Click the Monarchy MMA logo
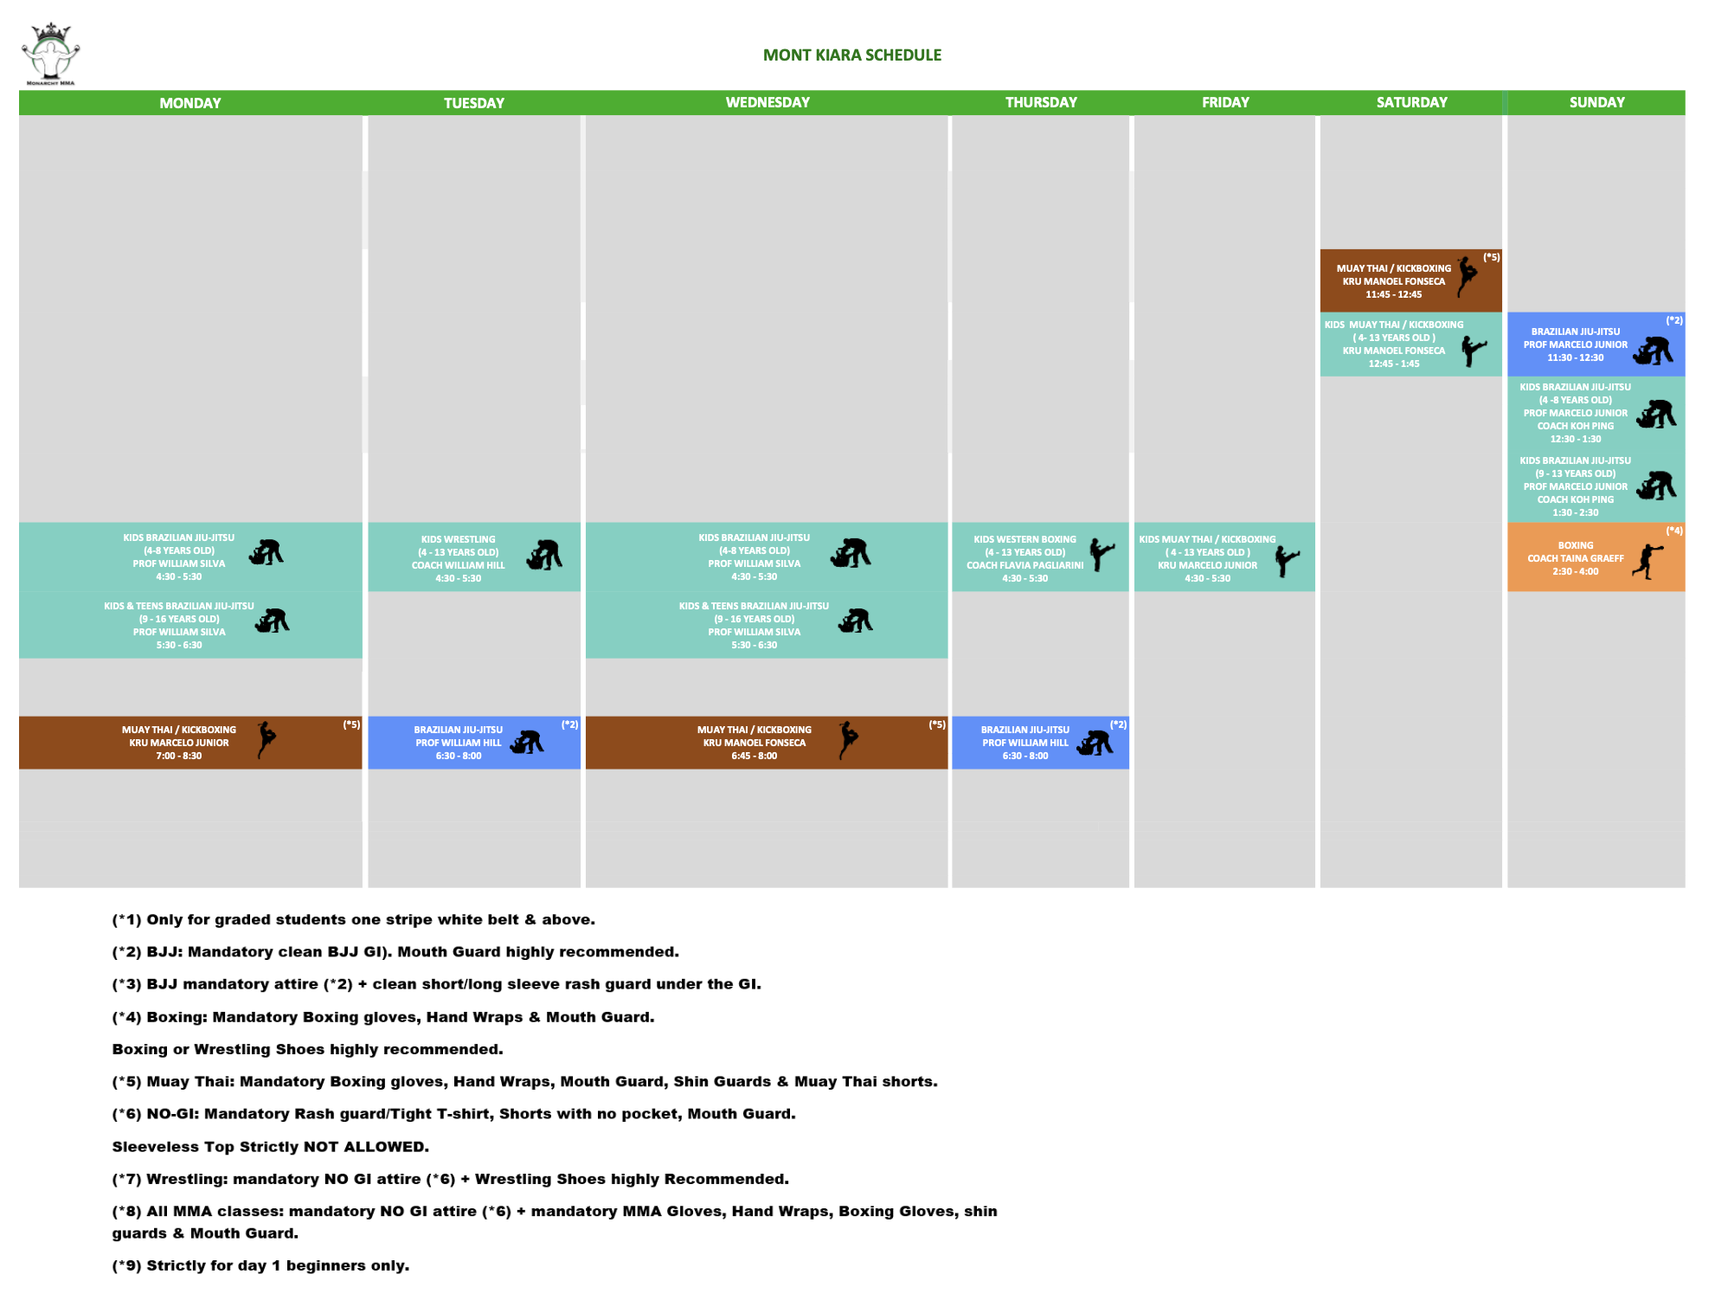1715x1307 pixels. (50, 54)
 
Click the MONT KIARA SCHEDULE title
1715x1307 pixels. (851, 55)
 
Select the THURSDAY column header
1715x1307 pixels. (1040, 102)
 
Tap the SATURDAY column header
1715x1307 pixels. (1411, 102)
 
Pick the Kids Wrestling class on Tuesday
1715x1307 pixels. (459, 558)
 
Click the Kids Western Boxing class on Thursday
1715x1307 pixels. (1025, 558)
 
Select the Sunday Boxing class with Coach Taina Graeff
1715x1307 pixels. (1575, 558)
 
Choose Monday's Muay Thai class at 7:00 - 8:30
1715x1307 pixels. (179, 743)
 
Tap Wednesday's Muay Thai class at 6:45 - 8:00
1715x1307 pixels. (755, 743)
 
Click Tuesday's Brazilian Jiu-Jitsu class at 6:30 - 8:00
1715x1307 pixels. (459, 743)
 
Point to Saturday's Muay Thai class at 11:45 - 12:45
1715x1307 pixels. (1393, 281)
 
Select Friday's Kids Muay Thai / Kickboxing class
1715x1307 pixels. (1207, 558)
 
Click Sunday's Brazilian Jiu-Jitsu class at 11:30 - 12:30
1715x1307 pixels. (1575, 344)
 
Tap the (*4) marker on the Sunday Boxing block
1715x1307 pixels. (1673, 531)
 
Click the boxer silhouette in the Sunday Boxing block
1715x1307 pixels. (1648, 561)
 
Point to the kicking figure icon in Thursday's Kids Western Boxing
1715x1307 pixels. (1101, 554)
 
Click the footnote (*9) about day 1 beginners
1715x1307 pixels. (260, 1265)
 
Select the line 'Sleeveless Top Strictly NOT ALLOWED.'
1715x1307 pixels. (270, 1147)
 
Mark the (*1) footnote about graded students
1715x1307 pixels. (353, 919)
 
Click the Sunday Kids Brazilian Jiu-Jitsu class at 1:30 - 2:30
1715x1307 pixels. (1575, 486)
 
